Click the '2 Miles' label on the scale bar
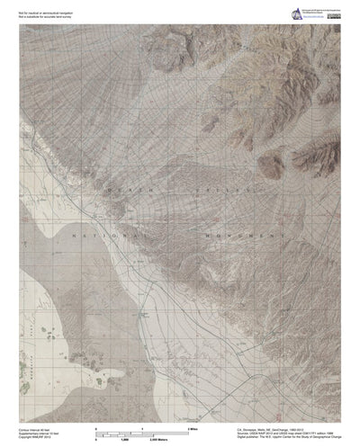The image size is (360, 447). click(x=193, y=419)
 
